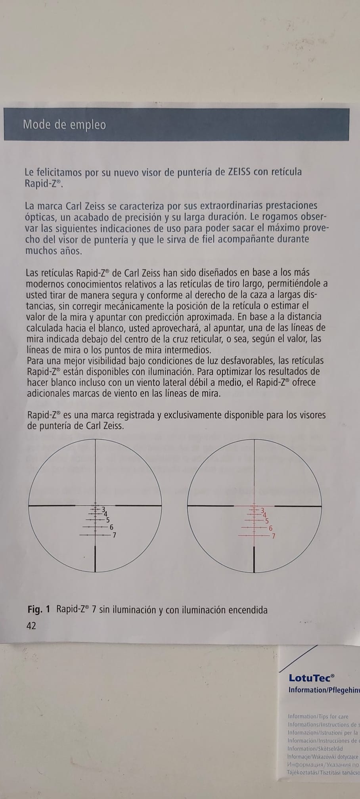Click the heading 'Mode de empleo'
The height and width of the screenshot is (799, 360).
65,125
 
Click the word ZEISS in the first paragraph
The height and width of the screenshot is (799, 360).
239,172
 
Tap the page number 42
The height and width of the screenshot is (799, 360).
31,626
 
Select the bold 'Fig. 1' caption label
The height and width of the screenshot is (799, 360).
39,609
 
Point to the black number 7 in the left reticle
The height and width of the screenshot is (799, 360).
114,535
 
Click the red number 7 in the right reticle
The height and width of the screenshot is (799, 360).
273,536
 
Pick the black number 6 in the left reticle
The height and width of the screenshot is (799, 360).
111,528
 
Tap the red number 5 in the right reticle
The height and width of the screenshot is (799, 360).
267,521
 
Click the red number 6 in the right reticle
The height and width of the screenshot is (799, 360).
270,528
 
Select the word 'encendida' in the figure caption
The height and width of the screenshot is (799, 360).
248,610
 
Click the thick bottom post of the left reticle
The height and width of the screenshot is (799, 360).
96,558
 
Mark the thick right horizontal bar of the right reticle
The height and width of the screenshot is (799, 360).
298,506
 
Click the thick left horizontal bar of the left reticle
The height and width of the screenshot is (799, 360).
52,505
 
